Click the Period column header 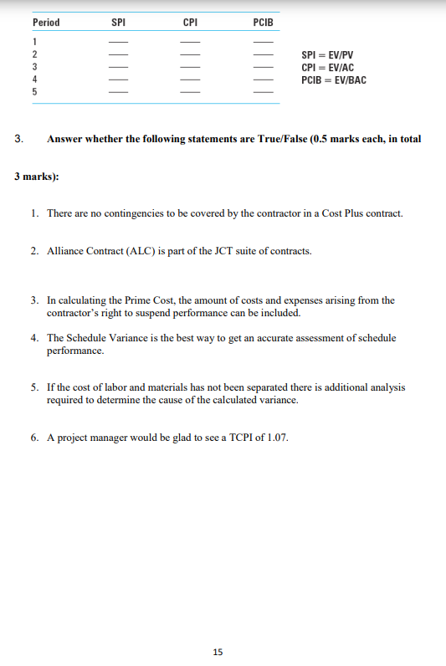46,22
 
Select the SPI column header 119,22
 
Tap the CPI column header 191,22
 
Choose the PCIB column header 263,22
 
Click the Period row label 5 34,91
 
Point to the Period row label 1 34,42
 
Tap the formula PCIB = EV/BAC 333,80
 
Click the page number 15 218,651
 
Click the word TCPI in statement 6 238,438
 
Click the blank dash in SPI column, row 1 119,43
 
